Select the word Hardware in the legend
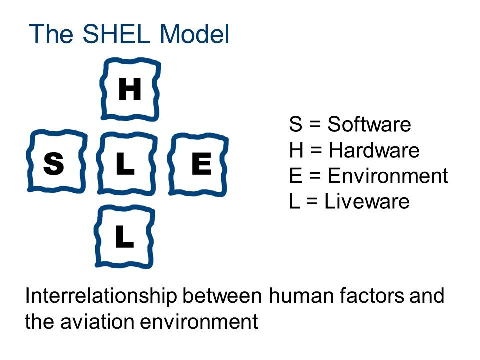pos(374,150)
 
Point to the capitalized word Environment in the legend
pos(388,176)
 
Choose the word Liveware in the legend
pos(367,202)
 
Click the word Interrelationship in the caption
pos(101,296)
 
